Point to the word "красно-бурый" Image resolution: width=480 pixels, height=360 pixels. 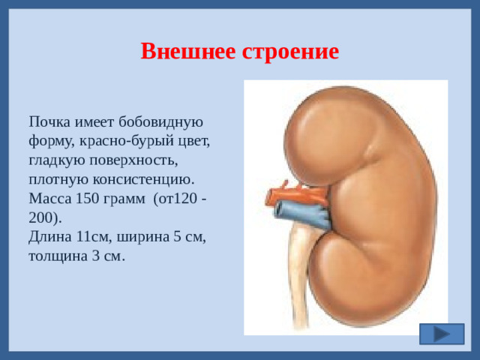117,141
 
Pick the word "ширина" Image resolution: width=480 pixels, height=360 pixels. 141,237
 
